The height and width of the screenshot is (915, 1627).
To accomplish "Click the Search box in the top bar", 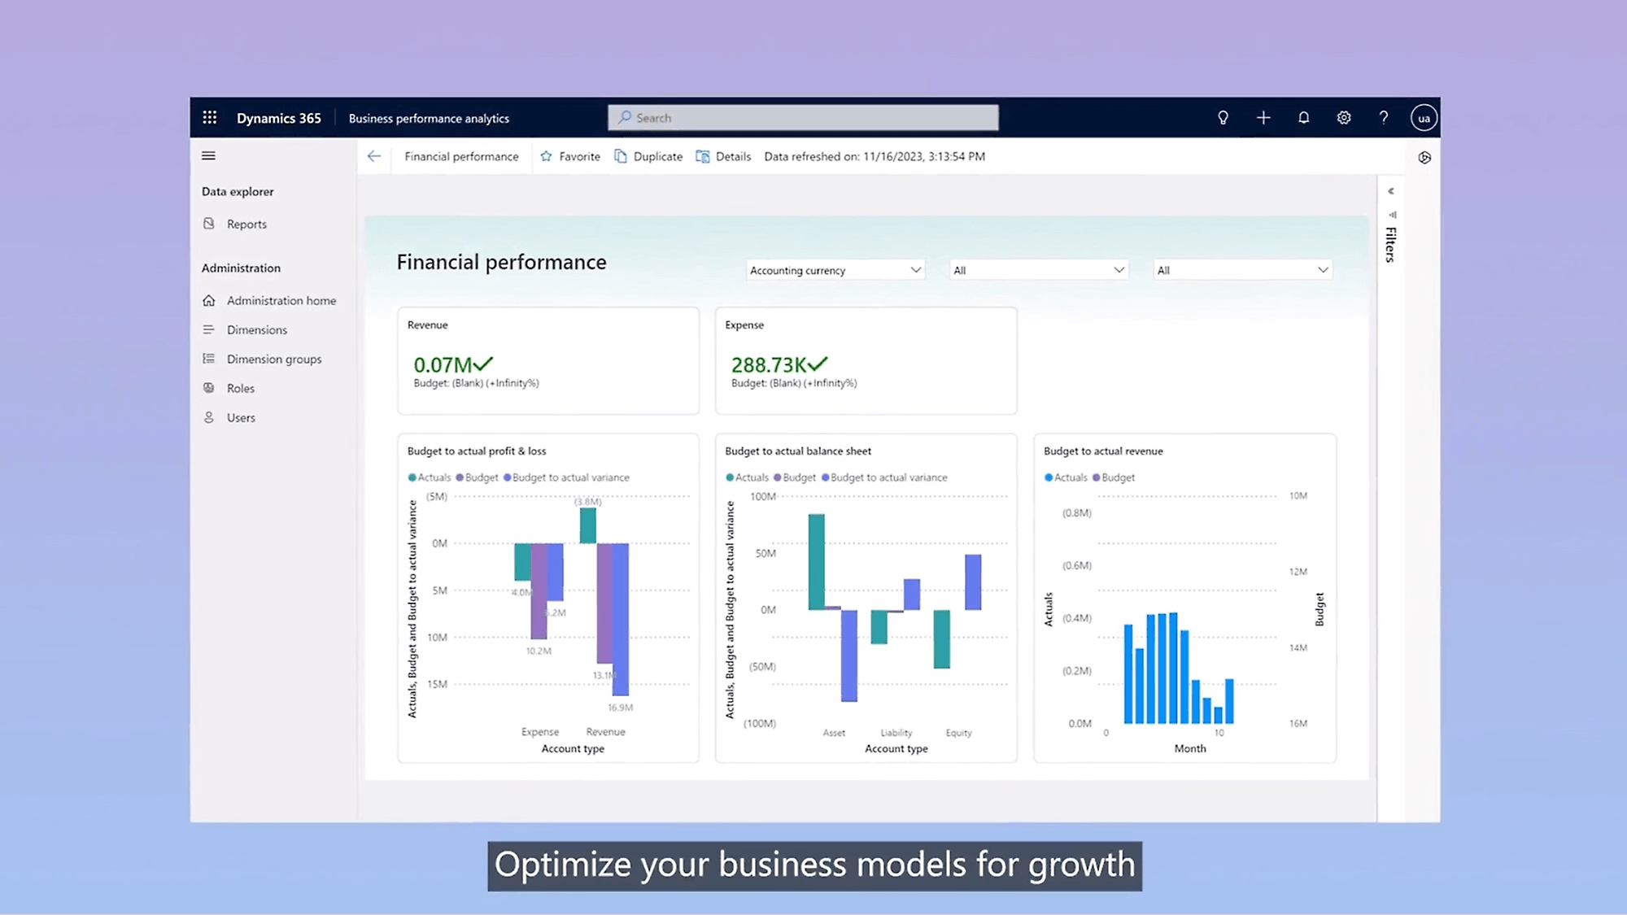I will click(x=803, y=118).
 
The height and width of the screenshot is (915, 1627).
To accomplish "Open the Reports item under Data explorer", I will click(x=246, y=224).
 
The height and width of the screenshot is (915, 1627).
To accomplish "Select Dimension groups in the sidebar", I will click(x=273, y=359).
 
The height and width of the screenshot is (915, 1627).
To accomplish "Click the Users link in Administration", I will click(x=240, y=417).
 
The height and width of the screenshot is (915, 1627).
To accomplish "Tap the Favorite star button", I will click(x=570, y=156).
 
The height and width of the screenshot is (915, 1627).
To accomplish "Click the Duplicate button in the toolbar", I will click(x=648, y=156).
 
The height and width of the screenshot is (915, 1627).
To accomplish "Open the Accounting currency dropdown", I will click(x=835, y=270).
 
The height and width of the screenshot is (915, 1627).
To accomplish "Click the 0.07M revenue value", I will click(x=443, y=365).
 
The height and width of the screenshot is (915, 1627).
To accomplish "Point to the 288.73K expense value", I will click(x=769, y=365).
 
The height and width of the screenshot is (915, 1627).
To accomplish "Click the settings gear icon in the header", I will click(x=1344, y=118).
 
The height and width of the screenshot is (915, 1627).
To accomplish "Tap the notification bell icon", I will click(x=1303, y=118).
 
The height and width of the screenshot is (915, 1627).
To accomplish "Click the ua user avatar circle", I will click(x=1424, y=118).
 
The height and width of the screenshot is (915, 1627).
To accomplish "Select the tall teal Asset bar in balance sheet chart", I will click(x=816, y=561).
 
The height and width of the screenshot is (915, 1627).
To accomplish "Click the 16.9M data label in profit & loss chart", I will click(x=620, y=708).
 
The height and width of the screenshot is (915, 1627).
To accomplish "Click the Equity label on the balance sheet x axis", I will click(x=958, y=733).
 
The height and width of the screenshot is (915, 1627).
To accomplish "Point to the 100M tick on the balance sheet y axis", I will click(x=762, y=496).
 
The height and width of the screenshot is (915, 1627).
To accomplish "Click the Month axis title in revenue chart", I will click(x=1189, y=748).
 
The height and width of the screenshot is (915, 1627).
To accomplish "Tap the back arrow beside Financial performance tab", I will click(x=374, y=156).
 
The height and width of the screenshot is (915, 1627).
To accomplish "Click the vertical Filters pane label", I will click(x=1391, y=244).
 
